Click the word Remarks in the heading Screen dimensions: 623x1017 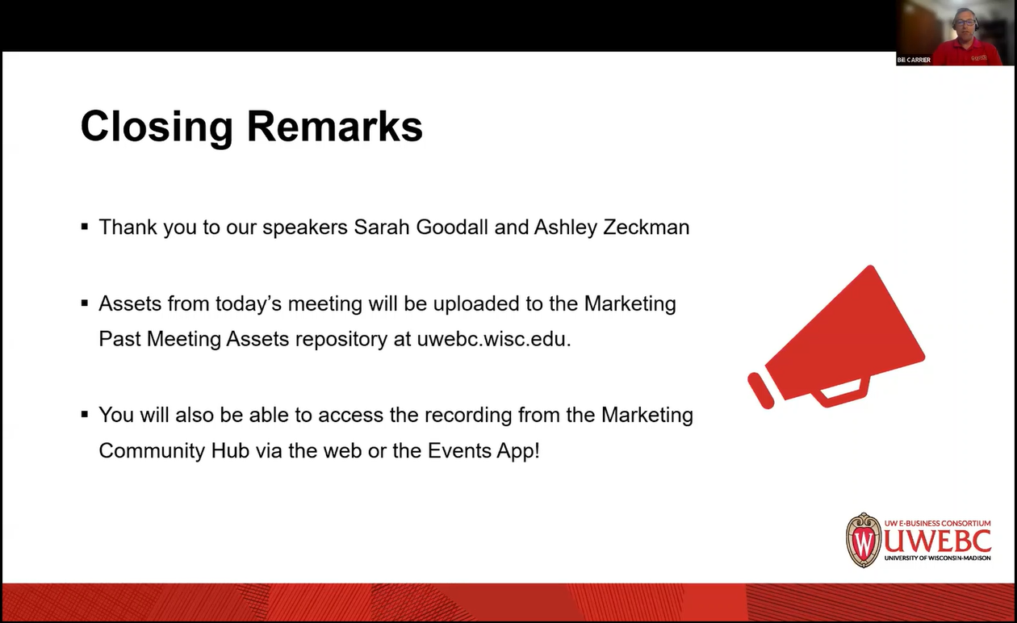tap(335, 127)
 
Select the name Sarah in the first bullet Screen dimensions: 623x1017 tap(382, 228)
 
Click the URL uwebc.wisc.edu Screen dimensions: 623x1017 tap(493, 339)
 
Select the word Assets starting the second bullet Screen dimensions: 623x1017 tap(130, 304)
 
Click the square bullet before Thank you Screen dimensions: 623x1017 tap(85, 227)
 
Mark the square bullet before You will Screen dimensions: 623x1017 tap(85, 415)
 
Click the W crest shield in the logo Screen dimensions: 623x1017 tap(864, 540)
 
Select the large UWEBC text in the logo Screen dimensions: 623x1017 tap(937, 540)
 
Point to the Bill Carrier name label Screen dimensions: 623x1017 tap(914, 60)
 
